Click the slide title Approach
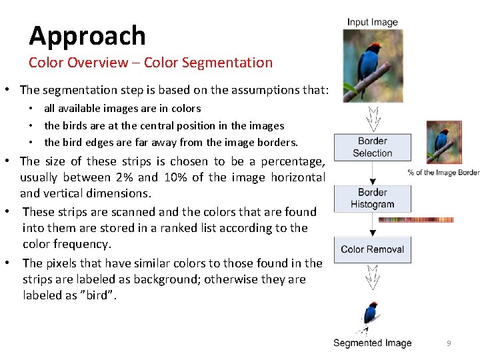pos(87,35)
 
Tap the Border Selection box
pos(372,147)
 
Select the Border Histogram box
pos(372,199)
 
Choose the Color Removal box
pos(372,249)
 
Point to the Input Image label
pos(372,22)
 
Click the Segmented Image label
pos(372,343)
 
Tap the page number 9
pos(449,343)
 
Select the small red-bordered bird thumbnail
pos(443,141)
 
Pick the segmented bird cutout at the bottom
pos(370,316)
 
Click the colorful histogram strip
pos(416,219)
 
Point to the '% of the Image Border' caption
pos(443,173)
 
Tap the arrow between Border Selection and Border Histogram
pos(372,173)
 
